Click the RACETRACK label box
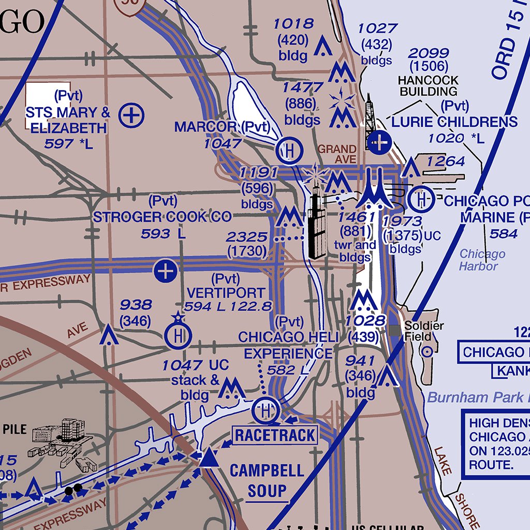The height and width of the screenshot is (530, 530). pos(275,435)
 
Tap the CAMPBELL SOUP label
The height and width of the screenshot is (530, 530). pos(267,480)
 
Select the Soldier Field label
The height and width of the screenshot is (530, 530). pos(424,331)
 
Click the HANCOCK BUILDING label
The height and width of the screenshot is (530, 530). pos(428,86)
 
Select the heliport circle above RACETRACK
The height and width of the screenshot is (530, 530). pos(266,410)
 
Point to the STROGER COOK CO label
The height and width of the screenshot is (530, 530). pos(162,217)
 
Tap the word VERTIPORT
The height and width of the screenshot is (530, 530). pos(226,293)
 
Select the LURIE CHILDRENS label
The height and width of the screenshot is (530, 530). pos(454,122)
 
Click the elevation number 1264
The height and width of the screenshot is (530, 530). pos(446,161)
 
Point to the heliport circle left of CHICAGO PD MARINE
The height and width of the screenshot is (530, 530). pos(421,199)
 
